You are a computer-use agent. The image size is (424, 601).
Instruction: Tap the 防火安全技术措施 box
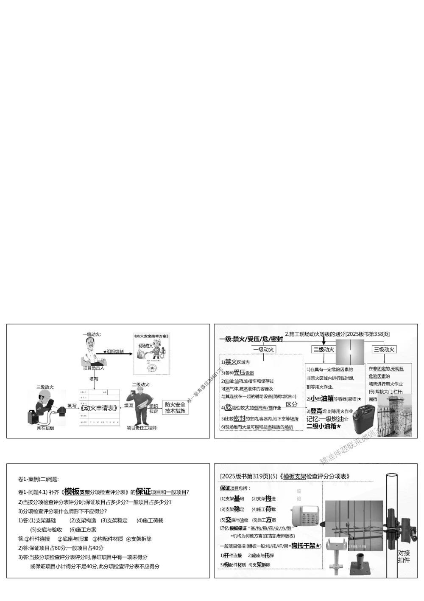pyautogui.click(x=175, y=408)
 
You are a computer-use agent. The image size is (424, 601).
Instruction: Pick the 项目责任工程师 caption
pyautogui.click(x=142, y=428)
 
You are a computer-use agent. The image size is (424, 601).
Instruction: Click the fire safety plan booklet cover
pyautogui.click(x=151, y=353)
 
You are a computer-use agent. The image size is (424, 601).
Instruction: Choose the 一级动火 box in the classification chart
pyautogui.click(x=263, y=350)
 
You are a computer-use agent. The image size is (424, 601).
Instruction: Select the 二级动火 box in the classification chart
pyautogui.click(x=324, y=350)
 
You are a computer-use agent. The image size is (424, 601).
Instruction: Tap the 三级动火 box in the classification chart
pyautogui.click(x=384, y=350)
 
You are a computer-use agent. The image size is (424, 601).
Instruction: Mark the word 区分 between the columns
pyautogui.click(x=292, y=404)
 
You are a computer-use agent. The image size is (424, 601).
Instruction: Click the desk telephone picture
pyautogui.click(x=306, y=516)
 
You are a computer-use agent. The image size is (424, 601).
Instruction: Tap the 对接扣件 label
pyautogui.click(x=404, y=556)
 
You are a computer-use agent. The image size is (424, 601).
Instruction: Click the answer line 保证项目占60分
pyautogui.click(x=61, y=548)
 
